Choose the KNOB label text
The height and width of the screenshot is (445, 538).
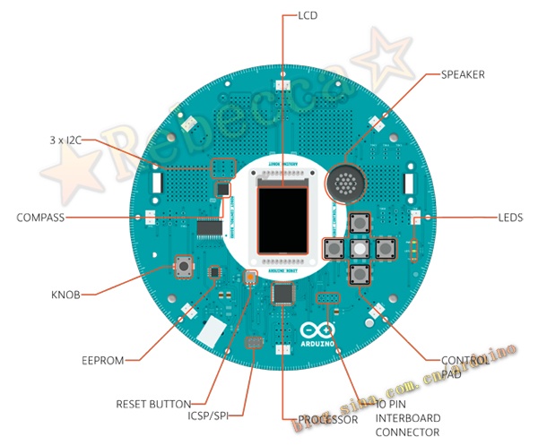pos(66,294)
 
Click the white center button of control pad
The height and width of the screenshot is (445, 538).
pos(359,248)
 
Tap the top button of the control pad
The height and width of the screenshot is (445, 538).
pos(359,223)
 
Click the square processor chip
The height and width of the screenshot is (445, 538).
pos(286,295)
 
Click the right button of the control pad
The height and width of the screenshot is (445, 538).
pos(385,248)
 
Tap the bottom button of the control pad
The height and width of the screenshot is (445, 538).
pos(359,274)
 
